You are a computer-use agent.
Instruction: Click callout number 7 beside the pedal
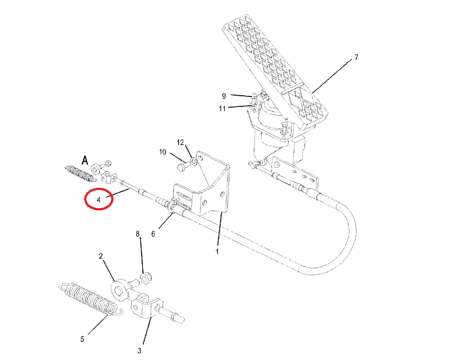pos(356,57)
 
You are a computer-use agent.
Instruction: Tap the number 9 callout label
pos(224,96)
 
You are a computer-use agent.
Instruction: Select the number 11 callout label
pos(222,109)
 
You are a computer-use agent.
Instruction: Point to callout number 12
pos(180,143)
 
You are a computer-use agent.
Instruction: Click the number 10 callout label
pos(163,152)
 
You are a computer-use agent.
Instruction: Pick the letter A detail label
pos(85,160)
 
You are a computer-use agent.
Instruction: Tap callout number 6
pos(153,234)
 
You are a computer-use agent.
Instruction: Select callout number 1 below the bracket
pos(217,252)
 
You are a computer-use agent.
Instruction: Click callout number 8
pos(137,234)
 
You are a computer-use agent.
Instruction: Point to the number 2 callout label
pos(101,256)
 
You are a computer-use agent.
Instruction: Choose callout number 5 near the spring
pos(82,339)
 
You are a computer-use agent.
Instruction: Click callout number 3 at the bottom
pos(139,350)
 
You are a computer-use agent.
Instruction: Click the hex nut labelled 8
pos(146,278)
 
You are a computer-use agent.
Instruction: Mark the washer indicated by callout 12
pos(193,162)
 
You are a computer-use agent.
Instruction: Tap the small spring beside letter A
pos(79,174)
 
